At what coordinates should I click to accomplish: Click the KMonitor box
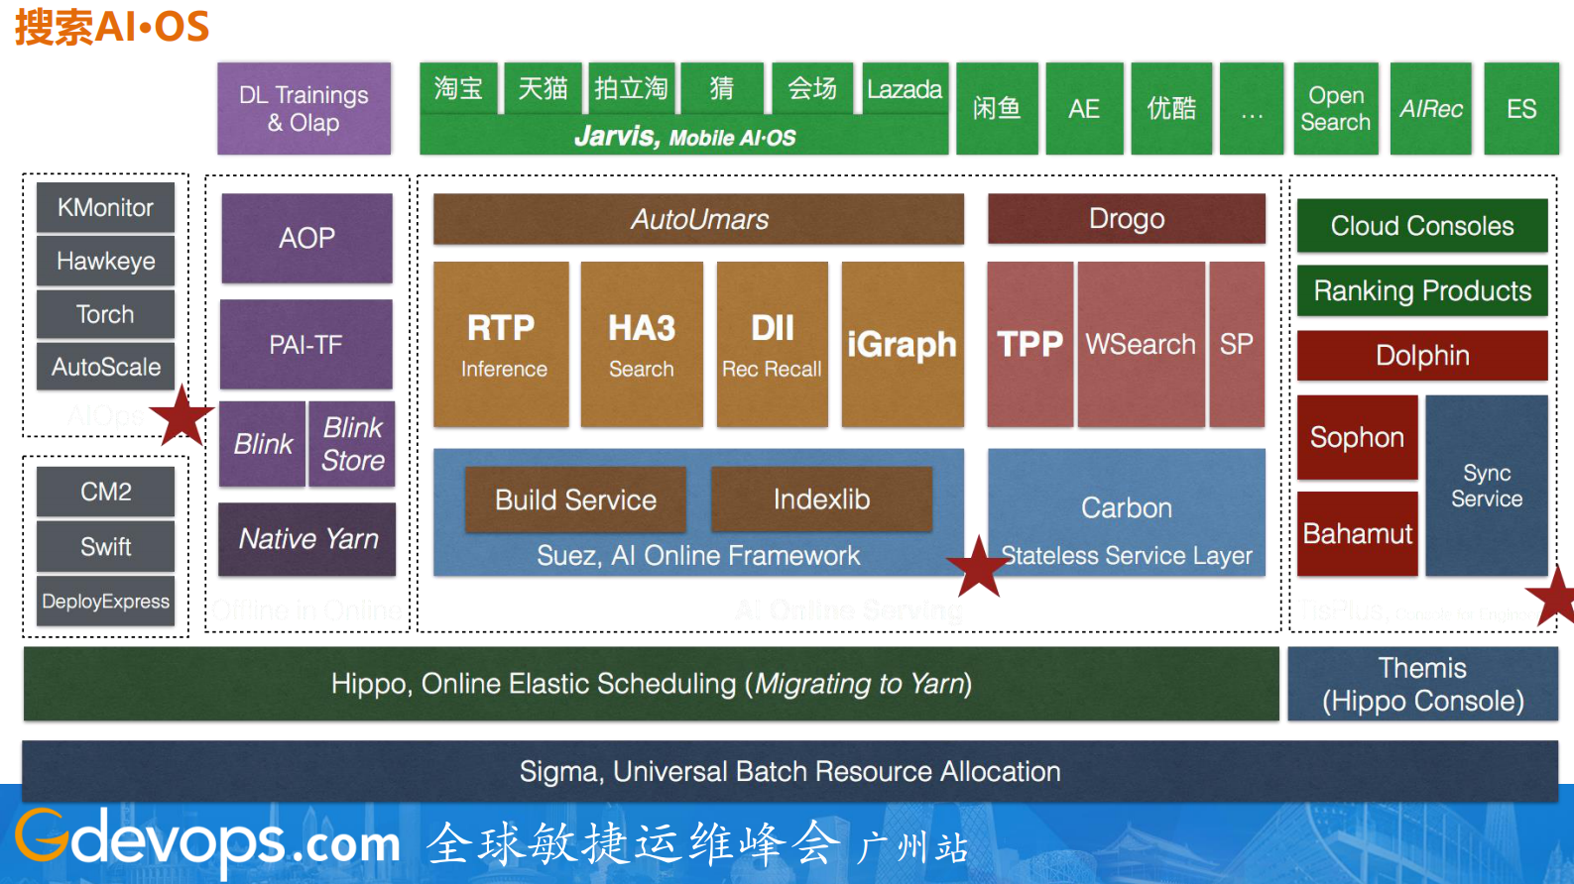pyautogui.click(x=105, y=207)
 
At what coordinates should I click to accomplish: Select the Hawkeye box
pyautogui.click(x=105, y=261)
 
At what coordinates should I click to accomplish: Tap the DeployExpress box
pyautogui.click(x=105, y=601)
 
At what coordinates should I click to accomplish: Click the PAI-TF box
pyautogui.click(x=305, y=344)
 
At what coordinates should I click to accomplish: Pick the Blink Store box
pyautogui.click(x=352, y=443)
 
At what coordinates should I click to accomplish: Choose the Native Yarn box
pyautogui.click(x=307, y=538)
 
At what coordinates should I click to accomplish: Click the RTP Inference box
pyautogui.click(x=501, y=344)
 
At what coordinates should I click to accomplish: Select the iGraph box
pyautogui.click(x=902, y=344)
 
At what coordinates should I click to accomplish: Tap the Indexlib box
pyautogui.click(x=821, y=498)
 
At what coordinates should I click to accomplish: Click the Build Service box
pyautogui.click(x=575, y=498)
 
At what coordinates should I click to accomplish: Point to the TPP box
pyautogui.click(x=1029, y=344)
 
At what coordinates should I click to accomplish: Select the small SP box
pyautogui.click(x=1236, y=344)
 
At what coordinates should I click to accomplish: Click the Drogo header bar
pyautogui.click(x=1126, y=218)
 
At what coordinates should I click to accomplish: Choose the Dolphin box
pyautogui.click(x=1421, y=355)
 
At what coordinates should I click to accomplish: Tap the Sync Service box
pyautogui.click(x=1486, y=486)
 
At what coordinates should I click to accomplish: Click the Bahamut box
pyautogui.click(x=1357, y=533)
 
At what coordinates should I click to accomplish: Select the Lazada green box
pyautogui.click(x=904, y=89)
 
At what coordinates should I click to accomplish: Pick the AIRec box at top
pyautogui.click(x=1430, y=108)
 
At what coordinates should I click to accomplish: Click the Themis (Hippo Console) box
pyautogui.click(x=1422, y=684)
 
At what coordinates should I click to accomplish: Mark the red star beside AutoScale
pyautogui.click(x=182, y=416)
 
